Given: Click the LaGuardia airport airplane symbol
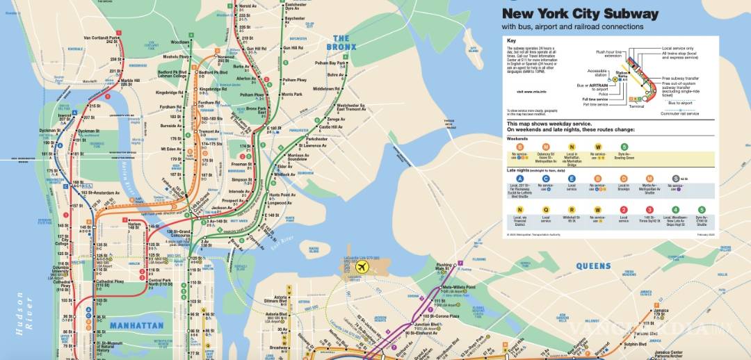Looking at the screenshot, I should pyautogui.click(x=361, y=267).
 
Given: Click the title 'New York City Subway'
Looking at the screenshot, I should pyautogui.click(x=580, y=13).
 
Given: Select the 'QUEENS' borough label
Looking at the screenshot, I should pyautogui.click(x=593, y=265).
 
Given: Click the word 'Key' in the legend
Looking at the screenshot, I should pyautogui.click(x=511, y=41).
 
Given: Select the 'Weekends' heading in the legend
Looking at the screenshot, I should pyautogui.click(x=517, y=138).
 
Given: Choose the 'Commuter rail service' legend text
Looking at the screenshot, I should pyautogui.click(x=679, y=113).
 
